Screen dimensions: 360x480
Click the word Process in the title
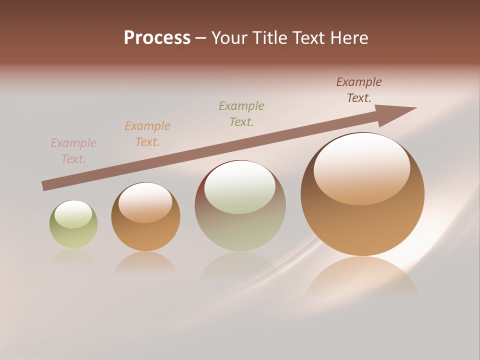(157, 38)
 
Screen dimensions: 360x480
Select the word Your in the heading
(230, 38)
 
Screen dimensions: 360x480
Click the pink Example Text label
(73, 151)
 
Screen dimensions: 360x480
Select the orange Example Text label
(147, 134)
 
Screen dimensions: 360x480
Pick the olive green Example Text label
(241, 114)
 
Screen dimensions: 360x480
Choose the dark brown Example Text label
(359, 90)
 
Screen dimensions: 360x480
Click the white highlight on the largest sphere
(361, 167)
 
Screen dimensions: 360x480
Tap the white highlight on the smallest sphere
(73, 214)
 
